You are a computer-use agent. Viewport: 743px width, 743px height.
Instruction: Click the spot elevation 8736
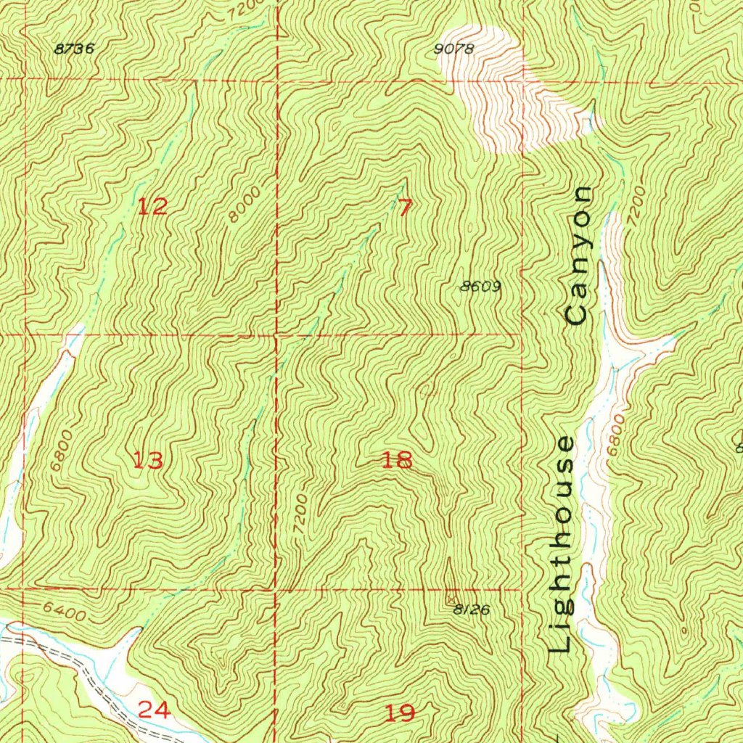click(x=75, y=49)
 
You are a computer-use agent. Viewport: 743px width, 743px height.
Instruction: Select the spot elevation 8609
click(x=480, y=287)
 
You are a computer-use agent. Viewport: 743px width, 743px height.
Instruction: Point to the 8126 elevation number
click(x=472, y=610)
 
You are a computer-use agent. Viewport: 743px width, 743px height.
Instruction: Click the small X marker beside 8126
click(x=452, y=599)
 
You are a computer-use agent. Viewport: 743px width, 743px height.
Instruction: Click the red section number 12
click(x=152, y=207)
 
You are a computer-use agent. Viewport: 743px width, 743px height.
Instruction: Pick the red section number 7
click(x=405, y=208)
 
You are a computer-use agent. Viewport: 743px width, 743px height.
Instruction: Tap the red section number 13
click(x=147, y=459)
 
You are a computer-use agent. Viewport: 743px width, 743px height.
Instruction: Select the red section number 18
click(x=397, y=459)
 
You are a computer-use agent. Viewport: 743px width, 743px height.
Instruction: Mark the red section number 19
click(x=399, y=713)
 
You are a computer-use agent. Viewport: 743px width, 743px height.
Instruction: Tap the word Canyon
click(x=580, y=255)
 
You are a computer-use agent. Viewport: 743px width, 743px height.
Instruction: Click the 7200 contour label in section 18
click(x=302, y=516)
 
